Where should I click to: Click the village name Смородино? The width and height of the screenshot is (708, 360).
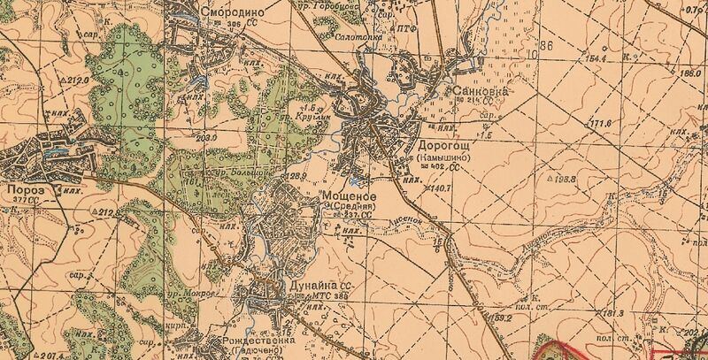pos(233,14)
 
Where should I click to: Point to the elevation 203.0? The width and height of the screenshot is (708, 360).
pos(206,138)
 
